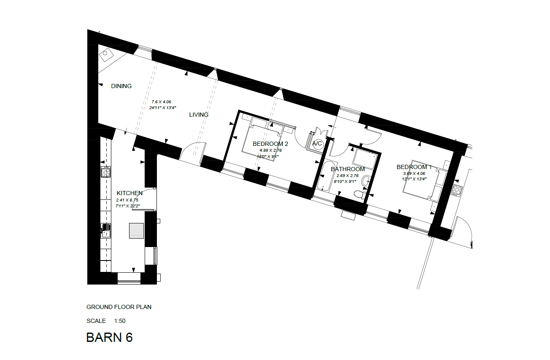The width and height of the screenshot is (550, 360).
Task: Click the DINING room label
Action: (121, 86)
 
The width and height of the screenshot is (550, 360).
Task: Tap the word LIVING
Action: (199, 115)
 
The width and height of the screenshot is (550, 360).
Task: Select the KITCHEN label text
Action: (129, 193)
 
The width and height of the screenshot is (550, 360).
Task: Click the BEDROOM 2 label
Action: (270, 144)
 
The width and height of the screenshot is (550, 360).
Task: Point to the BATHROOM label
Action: (348, 169)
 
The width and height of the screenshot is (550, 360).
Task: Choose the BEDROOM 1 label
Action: (414, 167)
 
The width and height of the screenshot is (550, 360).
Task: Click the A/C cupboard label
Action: (317, 144)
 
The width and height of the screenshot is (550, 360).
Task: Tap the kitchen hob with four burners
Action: (105, 172)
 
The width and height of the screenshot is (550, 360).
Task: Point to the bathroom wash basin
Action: (366, 180)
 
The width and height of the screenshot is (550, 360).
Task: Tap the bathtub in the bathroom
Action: (326, 177)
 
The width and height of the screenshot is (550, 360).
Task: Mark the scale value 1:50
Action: (120, 321)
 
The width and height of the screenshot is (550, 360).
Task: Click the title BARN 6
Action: (109, 337)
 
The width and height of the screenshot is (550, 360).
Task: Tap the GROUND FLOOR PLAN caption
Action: (119, 307)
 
